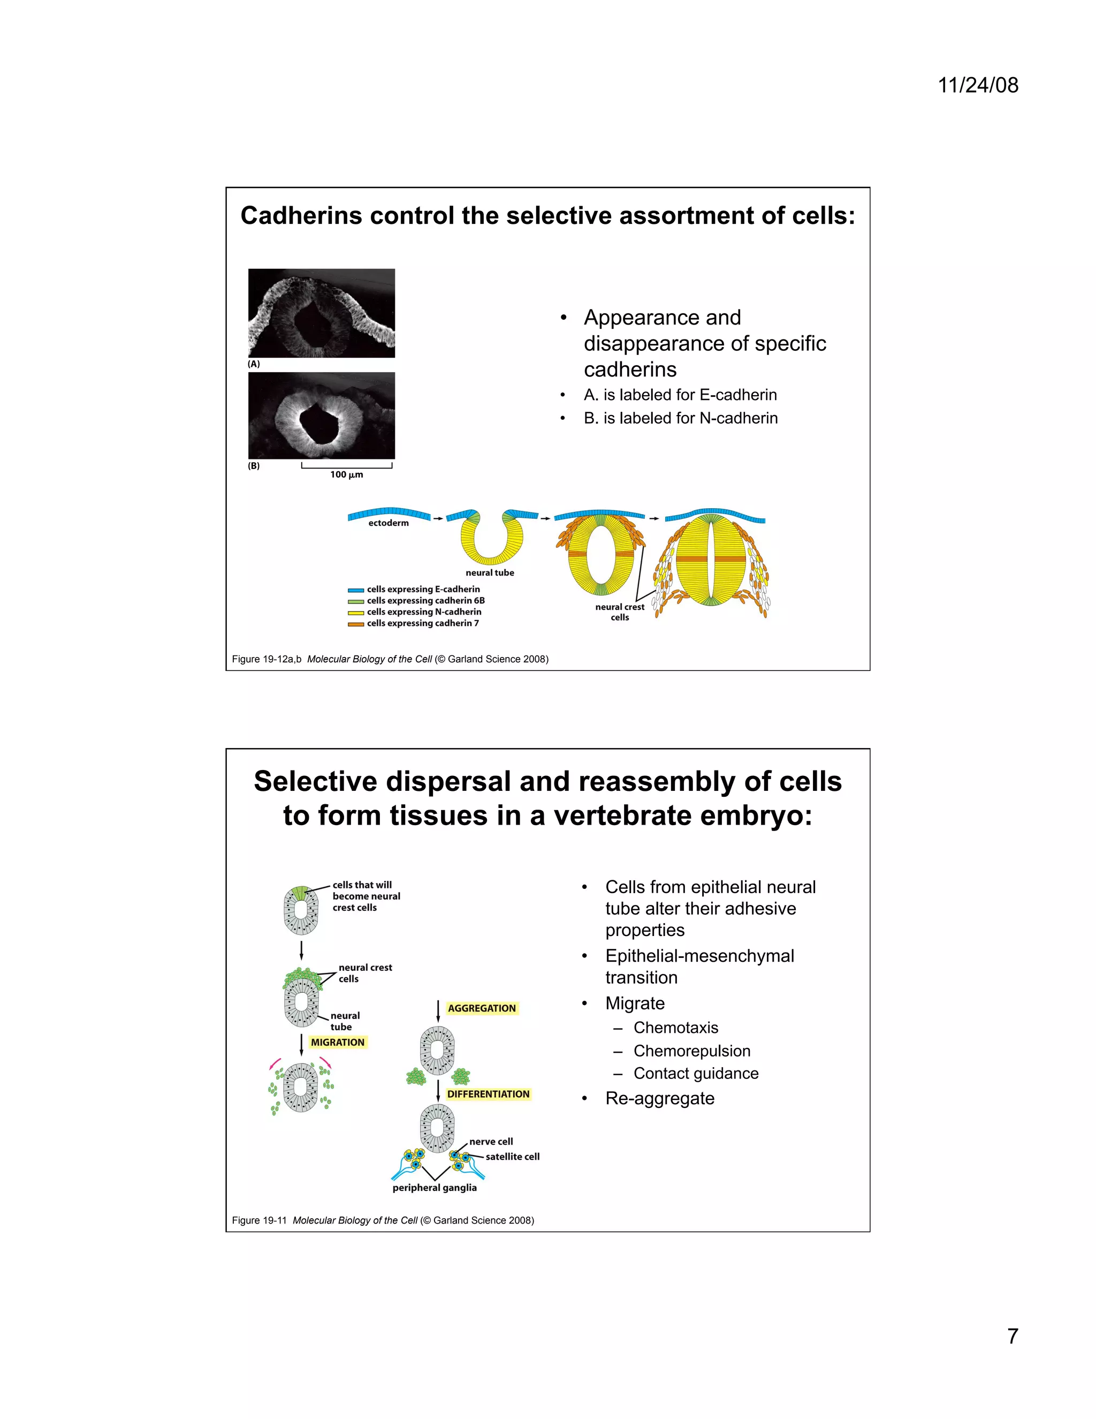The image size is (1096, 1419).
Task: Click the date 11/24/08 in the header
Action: [978, 85]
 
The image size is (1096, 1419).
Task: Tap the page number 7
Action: [1012, 1336]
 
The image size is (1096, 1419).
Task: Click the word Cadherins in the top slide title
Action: [301, 216]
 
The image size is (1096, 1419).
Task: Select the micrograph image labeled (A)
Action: [322, 313]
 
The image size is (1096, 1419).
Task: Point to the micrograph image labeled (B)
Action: [322, 416]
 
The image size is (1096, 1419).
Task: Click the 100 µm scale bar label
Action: [347, 474]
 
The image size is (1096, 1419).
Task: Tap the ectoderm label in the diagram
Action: [389, 523]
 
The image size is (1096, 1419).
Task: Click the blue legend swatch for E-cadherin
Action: [355, 590]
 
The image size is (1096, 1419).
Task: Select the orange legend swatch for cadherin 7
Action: [355, 624]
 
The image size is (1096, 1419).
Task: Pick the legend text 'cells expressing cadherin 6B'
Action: [425, 601]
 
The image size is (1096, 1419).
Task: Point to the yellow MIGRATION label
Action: [338, 1042]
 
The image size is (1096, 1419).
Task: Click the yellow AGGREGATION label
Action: [482, 1008]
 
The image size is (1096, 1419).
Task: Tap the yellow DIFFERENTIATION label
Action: [488, 1094]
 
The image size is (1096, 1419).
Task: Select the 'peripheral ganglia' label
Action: [435, 1188]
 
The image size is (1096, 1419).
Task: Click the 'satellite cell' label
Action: [512, 1157]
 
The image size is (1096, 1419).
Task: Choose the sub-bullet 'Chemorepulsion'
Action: [691, 1051]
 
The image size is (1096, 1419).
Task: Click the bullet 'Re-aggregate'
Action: [660, 1098]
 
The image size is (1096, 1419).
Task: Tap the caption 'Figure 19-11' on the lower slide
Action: [259, 1220]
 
